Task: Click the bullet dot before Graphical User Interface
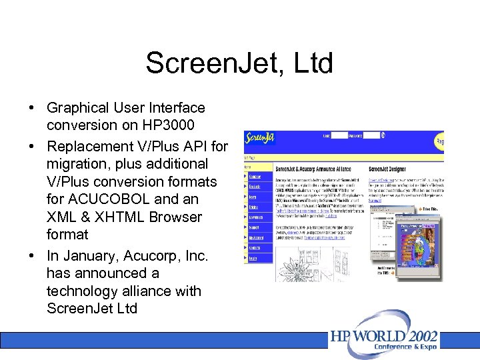pos(32,108)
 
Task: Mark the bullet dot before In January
pos(32,255)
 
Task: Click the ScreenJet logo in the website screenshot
pos(260,138)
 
